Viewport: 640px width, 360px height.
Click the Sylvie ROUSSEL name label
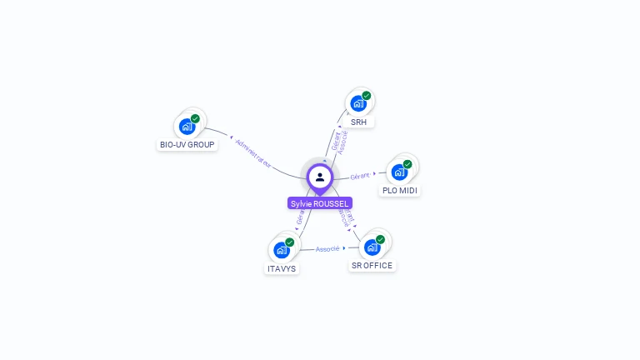click(320, 203)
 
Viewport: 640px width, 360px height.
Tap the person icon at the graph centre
click(320, 177)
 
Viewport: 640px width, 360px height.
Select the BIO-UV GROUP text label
click(187, 144)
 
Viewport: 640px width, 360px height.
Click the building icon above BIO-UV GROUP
click(187, 127)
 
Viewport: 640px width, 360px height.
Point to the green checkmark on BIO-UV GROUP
click(195, 119)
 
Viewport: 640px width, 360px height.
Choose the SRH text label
click(358, 122)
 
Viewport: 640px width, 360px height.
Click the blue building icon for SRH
click(358, 104)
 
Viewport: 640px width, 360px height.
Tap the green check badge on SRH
click(367, 96)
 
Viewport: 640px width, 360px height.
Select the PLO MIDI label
click(399, 191)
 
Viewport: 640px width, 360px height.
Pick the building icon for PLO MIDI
click(399, 172)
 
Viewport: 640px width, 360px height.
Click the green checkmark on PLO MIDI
click(407, 164)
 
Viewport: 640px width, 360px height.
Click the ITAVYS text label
click(282, 268)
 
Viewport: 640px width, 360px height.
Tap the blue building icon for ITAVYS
click(282, 250)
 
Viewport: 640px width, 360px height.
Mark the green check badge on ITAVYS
click(290, 242)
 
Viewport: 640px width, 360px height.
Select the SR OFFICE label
click(372, 265)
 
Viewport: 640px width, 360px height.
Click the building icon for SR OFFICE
click(372, 247)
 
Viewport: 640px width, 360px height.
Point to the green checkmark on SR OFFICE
click(380, 239)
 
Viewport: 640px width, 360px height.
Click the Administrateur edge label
click(254, 153)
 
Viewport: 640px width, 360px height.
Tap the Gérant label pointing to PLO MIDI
click(360, 176)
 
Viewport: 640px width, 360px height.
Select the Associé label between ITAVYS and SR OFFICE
click(327, 248)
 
